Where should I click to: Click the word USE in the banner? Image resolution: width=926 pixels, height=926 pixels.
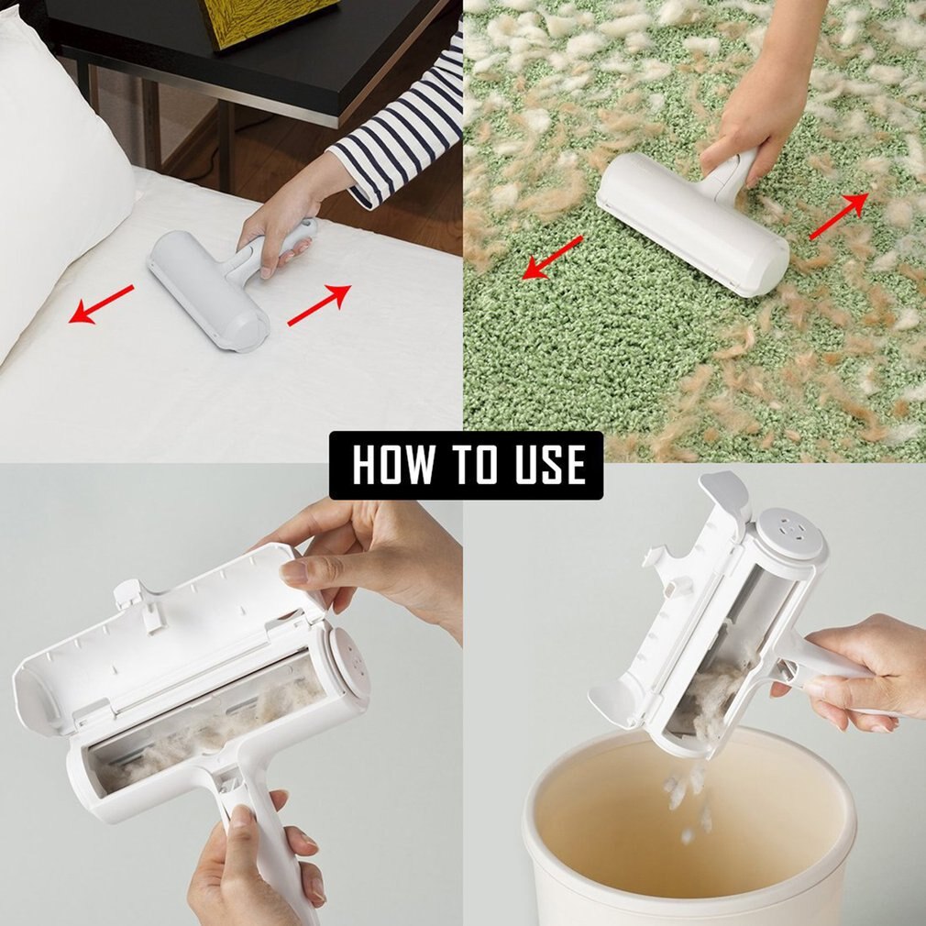tap(546, 465)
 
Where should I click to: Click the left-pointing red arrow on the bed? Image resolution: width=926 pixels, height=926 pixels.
tap(102, 304)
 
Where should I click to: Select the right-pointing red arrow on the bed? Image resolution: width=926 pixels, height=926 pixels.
tap(319, 304)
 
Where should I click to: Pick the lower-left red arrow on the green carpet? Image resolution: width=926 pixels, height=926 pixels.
tap(552, 257)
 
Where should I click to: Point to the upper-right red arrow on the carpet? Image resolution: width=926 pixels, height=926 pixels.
tap(838, 216)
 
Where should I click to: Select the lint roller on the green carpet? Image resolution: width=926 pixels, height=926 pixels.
tap(692, 220)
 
